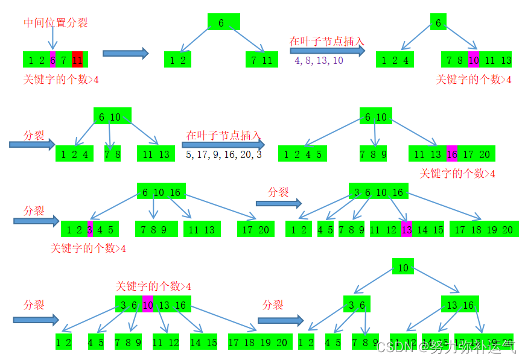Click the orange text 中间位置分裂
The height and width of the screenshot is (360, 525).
point(56,23)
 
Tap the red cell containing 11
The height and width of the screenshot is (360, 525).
point(77,60)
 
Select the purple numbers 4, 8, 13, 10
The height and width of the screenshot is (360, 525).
point(319,60)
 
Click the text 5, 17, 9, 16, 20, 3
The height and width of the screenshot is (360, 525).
point(224,154)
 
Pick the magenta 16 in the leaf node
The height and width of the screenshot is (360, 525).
point(452,154)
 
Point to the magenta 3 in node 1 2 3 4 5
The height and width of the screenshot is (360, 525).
point(90,230)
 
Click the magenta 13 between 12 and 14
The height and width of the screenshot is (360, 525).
point(407,229)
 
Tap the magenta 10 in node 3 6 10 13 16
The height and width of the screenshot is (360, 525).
point(147,305)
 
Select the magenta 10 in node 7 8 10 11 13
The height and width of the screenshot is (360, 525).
point(473,60)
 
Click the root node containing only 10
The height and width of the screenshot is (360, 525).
point(403,267)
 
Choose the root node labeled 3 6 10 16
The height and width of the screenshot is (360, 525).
point(378,192)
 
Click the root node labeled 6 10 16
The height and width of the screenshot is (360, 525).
point(161,192)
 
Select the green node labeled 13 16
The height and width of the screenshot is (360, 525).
point(460,305)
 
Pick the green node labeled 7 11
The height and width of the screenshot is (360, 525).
point(262,60)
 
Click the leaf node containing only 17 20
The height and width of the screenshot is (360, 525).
point(256,230)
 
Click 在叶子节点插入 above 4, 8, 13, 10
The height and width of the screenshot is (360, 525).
point(326,41)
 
